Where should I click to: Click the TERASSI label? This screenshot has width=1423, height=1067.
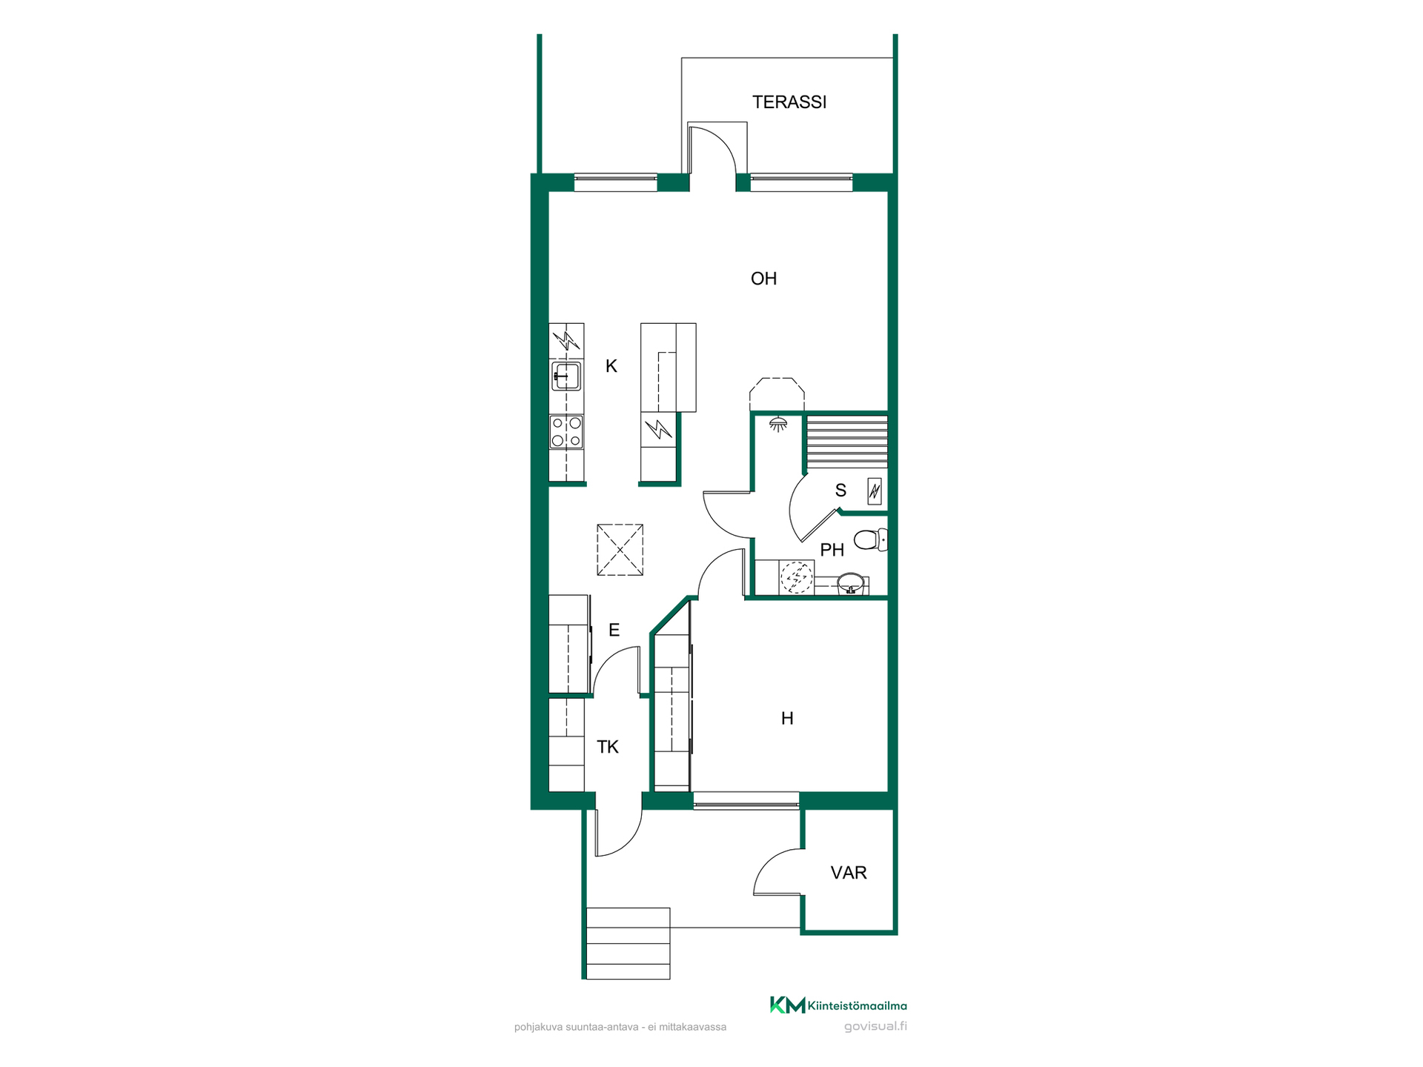pyautogui.click(x=789, y=102)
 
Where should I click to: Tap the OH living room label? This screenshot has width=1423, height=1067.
pyautogui.click(x=763, y=279)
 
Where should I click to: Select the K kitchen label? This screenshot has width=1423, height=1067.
pyautogui.click(x=611, y=366)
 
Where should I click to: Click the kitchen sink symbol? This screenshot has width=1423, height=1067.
pyautogui.click(x=566, y=376)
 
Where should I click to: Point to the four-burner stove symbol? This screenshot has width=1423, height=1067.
pyautogui.click(x=566, y=432)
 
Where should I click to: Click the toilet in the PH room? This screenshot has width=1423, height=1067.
pyautogui.click(x=871, y=539)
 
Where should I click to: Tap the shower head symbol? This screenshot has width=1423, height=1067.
pyautogui.click(x=777, y=424)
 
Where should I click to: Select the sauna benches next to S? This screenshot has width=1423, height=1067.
pyautogui.click(x=846, y=442)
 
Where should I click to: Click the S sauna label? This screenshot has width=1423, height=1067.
pyautogui.click(x=840, y=491)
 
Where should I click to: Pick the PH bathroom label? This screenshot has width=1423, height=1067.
pyautogui.click(x=832, y=550)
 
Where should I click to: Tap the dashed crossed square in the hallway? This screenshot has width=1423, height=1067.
pyautogui.click(x=620, y=550)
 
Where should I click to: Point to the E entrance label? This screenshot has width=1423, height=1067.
pyautogui.click(x=614, y=630)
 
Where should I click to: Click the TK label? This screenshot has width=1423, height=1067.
pyautogui.click(x=608, y=747)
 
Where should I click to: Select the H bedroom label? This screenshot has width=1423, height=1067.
pyautogui.click(x=787, y=718)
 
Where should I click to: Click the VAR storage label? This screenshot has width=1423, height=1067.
pyautogui.click(x=849, y=873)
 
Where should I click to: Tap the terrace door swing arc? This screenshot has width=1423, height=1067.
pyautogui.click(x=723, y=141)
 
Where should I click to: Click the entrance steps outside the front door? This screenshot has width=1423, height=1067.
pyautogui.click(x=628, y=943)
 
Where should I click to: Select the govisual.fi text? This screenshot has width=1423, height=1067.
pyautogui.click(x=875, y=1026)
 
